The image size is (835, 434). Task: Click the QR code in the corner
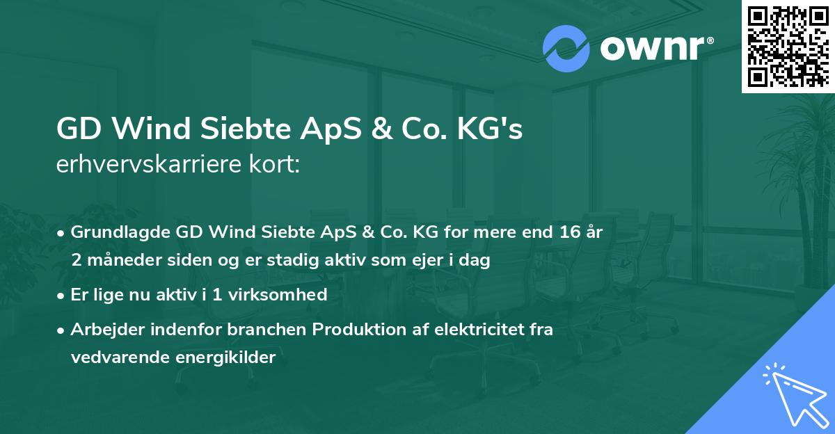point(787,46)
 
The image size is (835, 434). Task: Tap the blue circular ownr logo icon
point(566,49)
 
